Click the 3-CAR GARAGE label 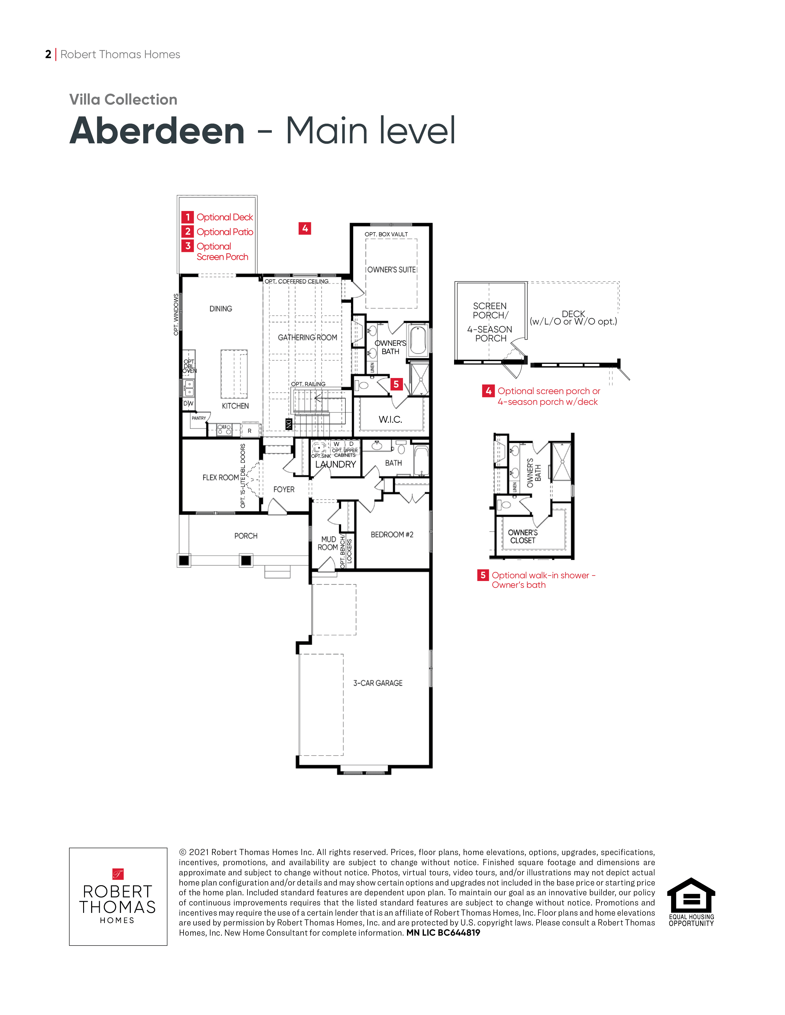[x=378, y=683]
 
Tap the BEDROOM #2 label [x=392, y=535]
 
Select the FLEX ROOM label [x=220, y=477]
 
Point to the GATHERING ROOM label [x=308, y=337]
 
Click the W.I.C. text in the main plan [x=390, y=419]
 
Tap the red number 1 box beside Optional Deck [x=187, y=217]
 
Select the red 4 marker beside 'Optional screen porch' [x=488, y=391]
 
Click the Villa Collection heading [x=123, y=99]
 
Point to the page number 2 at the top [x=48, y=54]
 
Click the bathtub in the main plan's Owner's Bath [x=419, y=340]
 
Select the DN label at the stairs [x=289, y=424]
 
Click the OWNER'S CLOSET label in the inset [x=523, y=536]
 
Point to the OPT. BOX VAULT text [x=386, y=234]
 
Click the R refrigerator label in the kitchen [x=249, y=431]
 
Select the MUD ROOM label [x=328, y=543]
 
